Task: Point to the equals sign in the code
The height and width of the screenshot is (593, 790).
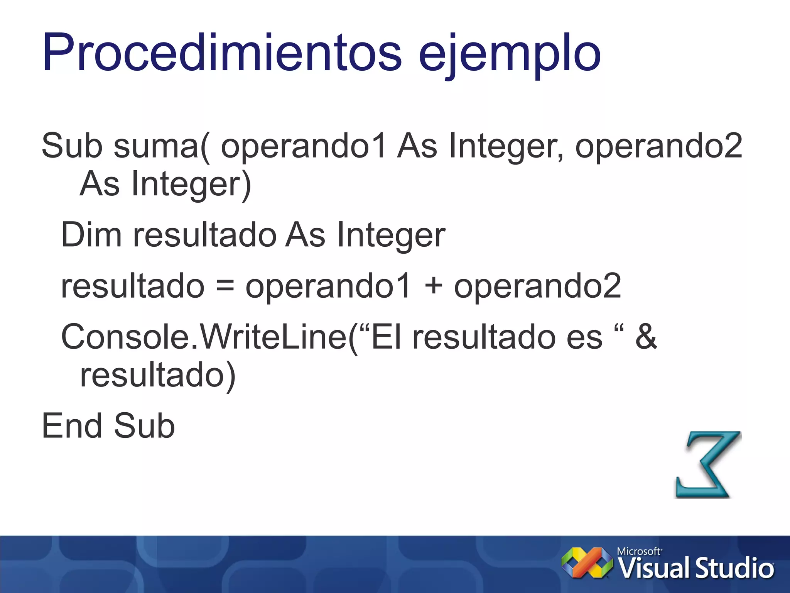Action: [225, 286]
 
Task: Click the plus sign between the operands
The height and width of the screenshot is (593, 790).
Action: [433, 286]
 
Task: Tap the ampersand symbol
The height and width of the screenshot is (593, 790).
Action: [646, 337]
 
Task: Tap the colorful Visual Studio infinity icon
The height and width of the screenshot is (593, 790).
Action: [587, 563]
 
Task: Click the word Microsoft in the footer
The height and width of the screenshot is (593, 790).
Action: [639, 551]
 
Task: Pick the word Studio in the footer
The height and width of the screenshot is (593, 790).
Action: [734, 569]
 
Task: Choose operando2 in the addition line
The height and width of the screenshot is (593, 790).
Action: [537, 286]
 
